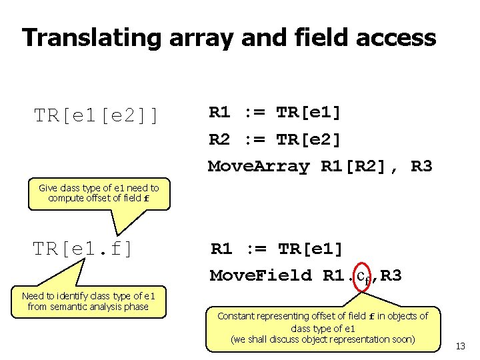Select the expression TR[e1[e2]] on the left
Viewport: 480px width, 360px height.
[x=97, y=116]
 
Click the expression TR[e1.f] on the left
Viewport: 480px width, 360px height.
[x=83, y=249]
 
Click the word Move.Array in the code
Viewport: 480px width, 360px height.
[x=259, y=166]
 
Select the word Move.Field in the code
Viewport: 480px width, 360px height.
[x=261, y=275]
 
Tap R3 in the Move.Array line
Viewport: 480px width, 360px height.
[x=421, y=166]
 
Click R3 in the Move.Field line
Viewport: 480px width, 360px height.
[x=391, y=275]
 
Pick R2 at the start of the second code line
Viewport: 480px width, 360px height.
[x=219, y=140]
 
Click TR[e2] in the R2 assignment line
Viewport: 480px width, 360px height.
[x=309, y=140]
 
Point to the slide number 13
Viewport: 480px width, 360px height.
[x=460, y=346]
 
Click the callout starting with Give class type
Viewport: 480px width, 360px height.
[x=99, y=193]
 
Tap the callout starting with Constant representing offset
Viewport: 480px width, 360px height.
[x=323, y=327]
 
